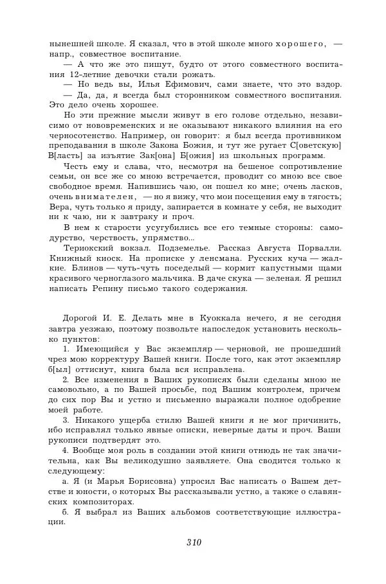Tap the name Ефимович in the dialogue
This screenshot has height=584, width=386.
pos(179,85)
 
